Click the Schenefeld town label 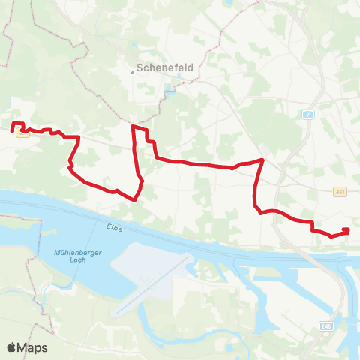[165, 67]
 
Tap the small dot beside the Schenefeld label [132, 72]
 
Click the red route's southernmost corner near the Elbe [133, 200]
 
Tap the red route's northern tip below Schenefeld [133, 127]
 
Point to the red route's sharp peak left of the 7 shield [262, 160]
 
